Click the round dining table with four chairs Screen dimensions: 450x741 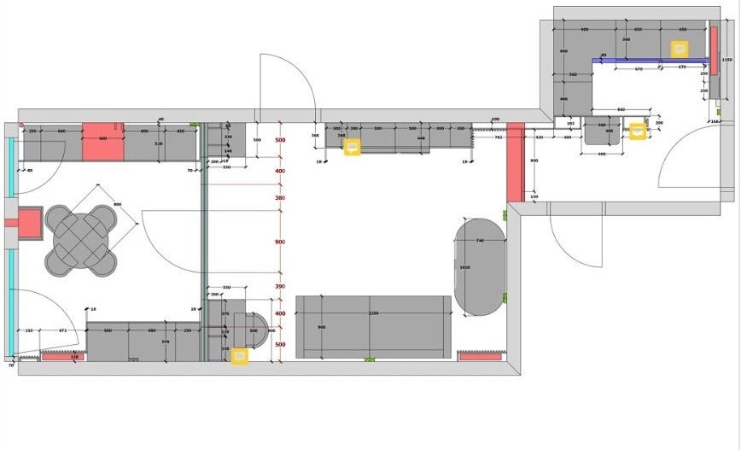point(80,238)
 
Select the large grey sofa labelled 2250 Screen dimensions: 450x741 point(373,327)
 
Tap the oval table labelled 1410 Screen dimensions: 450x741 point(480,266)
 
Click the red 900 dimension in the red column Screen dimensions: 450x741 point(280,243)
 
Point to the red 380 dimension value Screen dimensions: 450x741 point(280,198)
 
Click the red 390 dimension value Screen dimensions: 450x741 point(280,286)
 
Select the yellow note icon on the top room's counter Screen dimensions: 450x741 point(679,50)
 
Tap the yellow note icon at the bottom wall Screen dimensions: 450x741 point(240,355)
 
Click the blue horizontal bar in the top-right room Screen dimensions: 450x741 point(649,60)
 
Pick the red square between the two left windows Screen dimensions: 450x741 point(29,224)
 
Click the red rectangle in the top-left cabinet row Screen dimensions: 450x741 point(102,140)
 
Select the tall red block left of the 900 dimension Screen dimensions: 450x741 point(515,162)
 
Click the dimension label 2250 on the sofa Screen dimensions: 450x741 point(372,313)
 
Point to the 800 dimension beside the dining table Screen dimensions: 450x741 point(118,204)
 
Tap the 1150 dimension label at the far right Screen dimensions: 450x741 point(727,60)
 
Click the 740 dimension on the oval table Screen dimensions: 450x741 point(480,242)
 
